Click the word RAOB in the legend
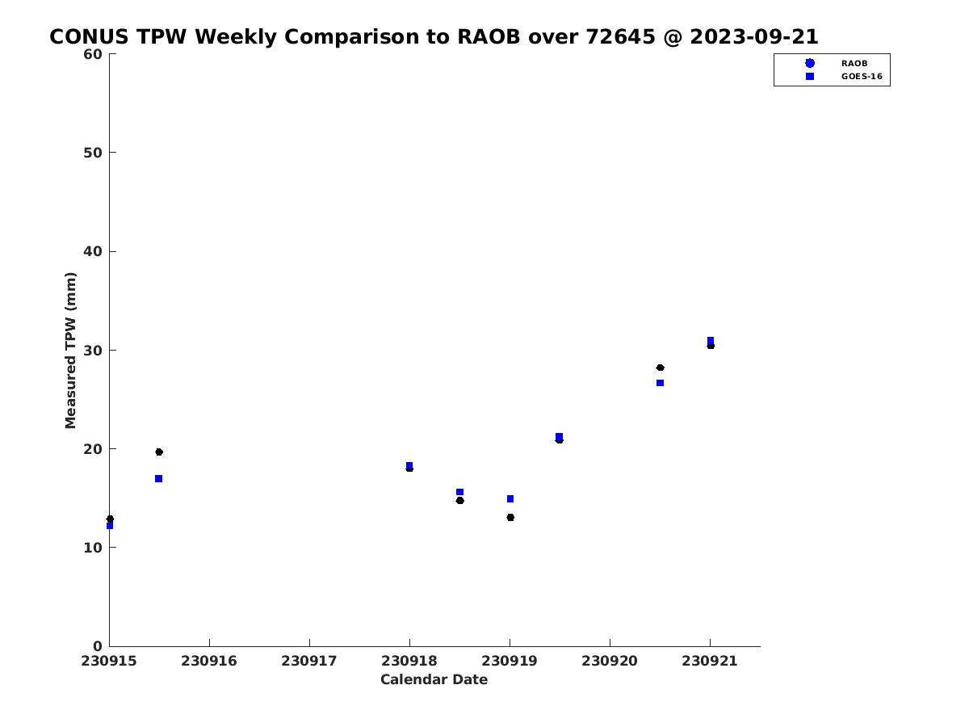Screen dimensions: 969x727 [x=854, y=63]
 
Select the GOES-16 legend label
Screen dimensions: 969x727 [x=862, y=77]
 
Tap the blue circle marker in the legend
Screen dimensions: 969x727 [x=810, y=63]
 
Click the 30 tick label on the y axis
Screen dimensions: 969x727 [x=93, y=351]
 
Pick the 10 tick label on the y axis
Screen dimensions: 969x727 [x=93, y=548]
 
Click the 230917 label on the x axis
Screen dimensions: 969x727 [x=309, y=661]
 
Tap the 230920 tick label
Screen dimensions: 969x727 [x=609, y=661]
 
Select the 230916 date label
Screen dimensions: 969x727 [x=209, y=661]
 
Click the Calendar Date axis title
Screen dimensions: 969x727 [x=434, y=679]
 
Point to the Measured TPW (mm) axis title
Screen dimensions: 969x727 [x=70, y=351]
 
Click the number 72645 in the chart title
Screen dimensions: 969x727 [x=620, y=36]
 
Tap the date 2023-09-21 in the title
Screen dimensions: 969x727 [x=754, y=36]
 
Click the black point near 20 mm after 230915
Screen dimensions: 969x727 [x=159, y=452]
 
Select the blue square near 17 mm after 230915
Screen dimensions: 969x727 [x=158, y=478]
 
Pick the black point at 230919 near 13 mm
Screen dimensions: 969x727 [x=510, y=517]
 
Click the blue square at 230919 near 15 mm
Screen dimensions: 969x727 [x=510, y=498]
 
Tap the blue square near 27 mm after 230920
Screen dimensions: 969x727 [x=660, y=383]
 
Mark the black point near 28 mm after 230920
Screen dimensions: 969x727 [x=660, y=368]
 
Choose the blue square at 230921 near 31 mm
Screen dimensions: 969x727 [x=711, y=340]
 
